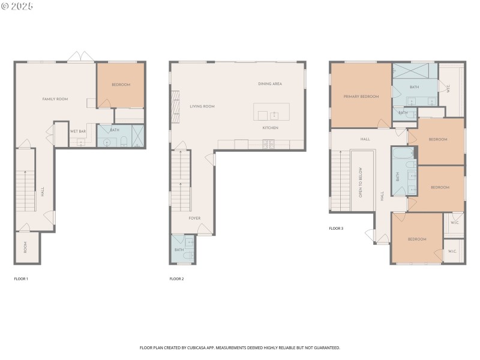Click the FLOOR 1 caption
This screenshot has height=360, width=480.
click(21, 279)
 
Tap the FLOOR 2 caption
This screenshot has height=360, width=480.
click(176, 279)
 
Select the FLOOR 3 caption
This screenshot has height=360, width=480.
click(336, 229)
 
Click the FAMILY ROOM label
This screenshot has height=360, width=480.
click(55, 99)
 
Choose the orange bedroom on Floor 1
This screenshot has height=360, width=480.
click(121, 85)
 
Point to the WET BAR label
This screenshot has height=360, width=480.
click(77, 131)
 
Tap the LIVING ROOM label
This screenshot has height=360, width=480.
click(202, 106)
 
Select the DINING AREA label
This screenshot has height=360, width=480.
click(270, 84)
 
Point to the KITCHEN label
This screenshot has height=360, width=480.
click(270, 128)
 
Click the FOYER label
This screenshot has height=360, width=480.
click(194, 218)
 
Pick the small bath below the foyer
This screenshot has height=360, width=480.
click(182, 250)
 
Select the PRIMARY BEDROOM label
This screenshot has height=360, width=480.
click(361, 97)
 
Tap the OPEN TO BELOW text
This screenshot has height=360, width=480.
click(361, 182)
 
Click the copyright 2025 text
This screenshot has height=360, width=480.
click(17, 6)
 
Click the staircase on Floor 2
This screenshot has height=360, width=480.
click(181, 180)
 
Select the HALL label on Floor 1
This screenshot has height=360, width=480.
click(43, 192)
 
